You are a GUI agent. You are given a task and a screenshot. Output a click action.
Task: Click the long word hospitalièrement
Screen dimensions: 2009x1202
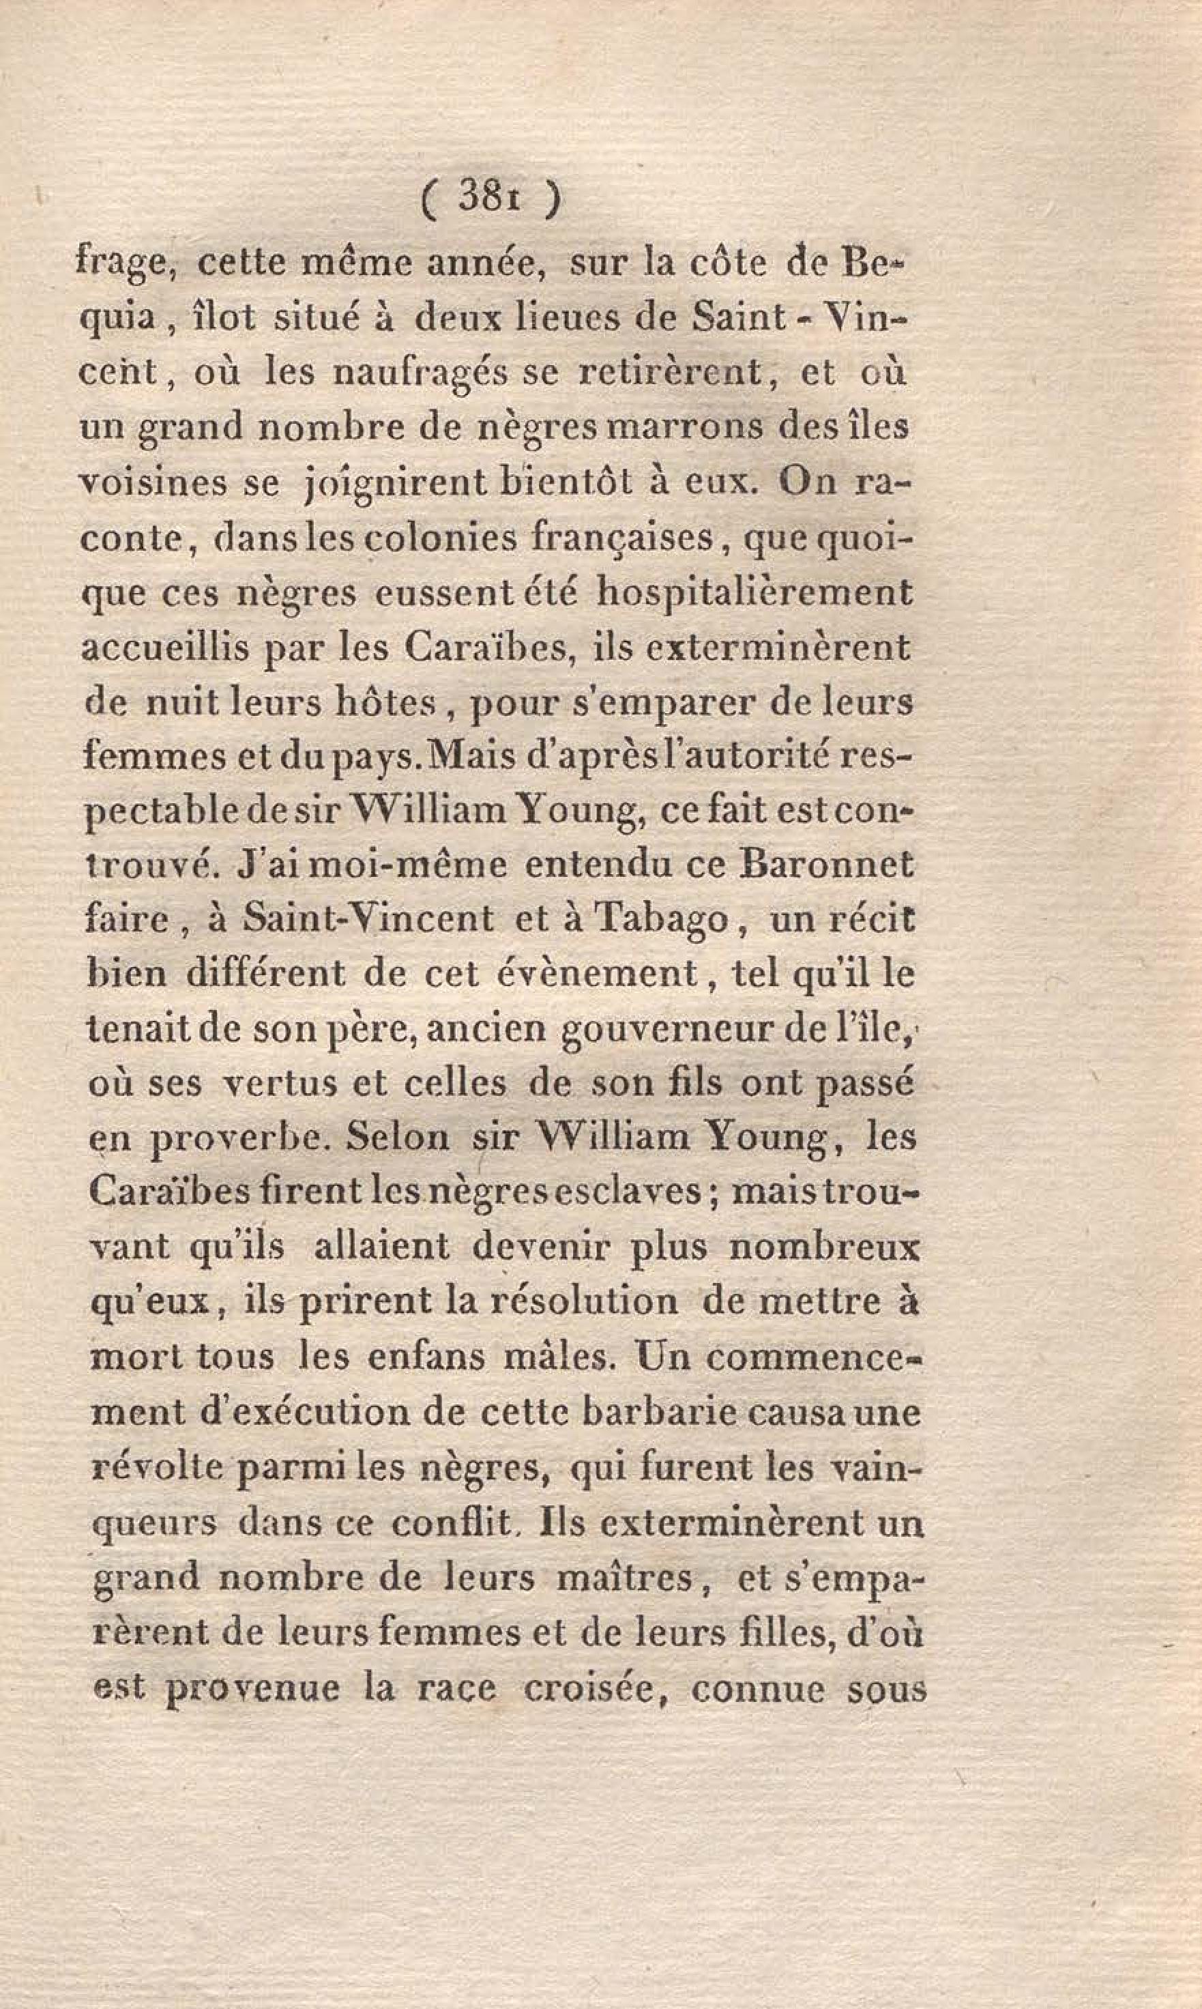(x=754, y=593)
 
